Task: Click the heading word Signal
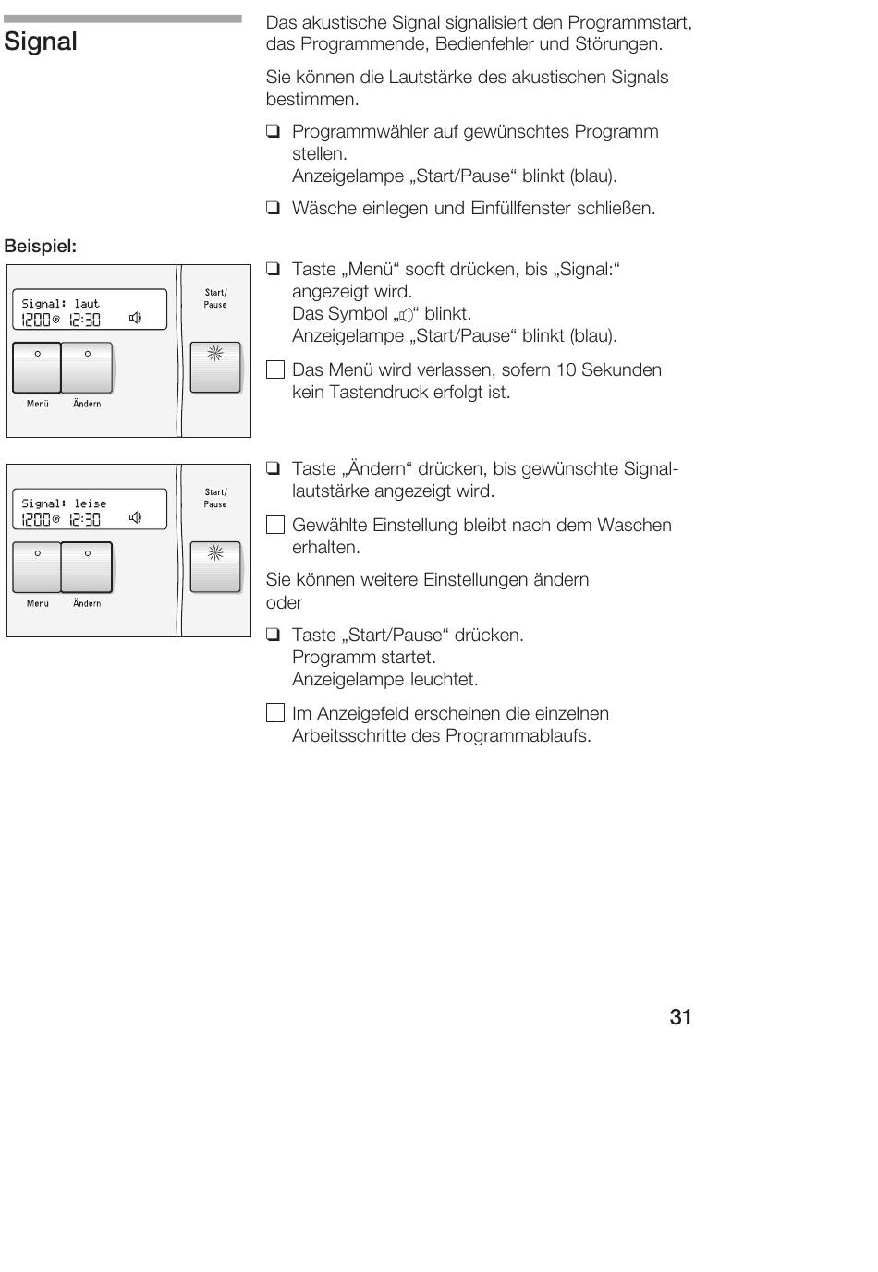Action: [x=41, y=42]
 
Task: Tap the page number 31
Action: [x=680, y=1017]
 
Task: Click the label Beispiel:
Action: [x=41, y=247]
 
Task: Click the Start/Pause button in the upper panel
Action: [x=214, y=367]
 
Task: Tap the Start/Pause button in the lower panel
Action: [x=214, y=566]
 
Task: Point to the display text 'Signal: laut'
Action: [x=60, y=304]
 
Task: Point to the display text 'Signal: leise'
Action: [x=64, y=503]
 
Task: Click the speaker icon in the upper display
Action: [x=135, y=319]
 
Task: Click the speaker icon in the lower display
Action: [x=135, y=518]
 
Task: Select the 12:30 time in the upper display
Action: [x=85, y=320]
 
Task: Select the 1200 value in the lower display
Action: [x=36, y=519]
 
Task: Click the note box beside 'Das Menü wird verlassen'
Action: [x=274, y=370]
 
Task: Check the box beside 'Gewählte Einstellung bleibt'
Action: [x=274, y=526]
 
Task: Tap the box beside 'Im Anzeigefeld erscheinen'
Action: [x=274, y=713]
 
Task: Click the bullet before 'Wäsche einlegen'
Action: [x=273, y=209]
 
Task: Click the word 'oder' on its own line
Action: [x=284, y=603]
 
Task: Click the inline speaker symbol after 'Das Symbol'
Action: [x=405, y=315]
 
